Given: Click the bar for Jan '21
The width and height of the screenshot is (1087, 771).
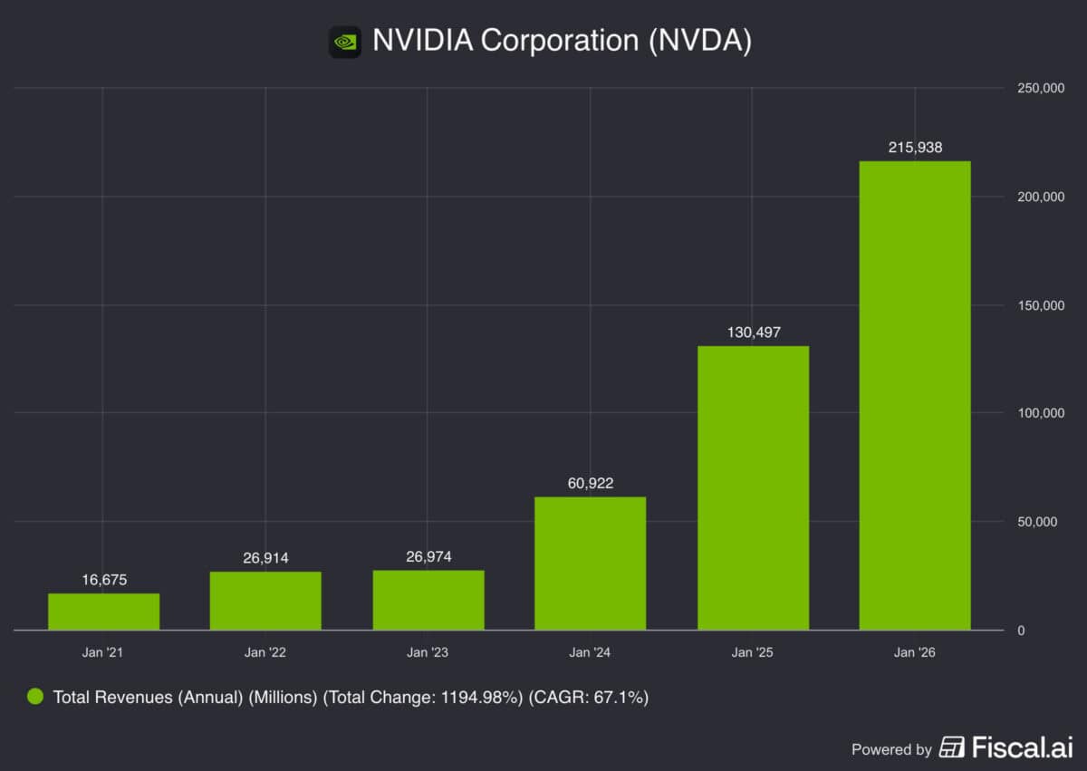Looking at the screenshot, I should click(x=103, y=612).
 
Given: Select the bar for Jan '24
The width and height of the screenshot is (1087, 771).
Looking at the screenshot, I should click(x=590, y=563).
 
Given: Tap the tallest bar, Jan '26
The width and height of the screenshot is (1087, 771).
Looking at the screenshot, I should click(x=915, y=395).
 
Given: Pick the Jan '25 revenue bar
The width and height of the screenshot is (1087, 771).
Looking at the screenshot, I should click(x=753, y=487).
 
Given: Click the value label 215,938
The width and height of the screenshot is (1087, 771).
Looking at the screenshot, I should click(x=915, y=147).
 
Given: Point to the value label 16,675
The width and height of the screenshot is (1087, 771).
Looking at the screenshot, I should click(x=103, y=579).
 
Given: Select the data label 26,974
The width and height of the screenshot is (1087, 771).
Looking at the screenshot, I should click(x=428, y=555).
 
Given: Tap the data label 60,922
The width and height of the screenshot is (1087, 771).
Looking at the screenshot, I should click(x=590, y=483).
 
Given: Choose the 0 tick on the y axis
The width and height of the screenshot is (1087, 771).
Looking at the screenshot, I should click(x=1021, y=631).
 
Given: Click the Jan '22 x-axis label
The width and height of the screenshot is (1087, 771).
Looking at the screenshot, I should click(x=265, y=652).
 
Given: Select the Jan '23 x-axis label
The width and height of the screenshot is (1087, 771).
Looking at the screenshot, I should click(x=428, y=652).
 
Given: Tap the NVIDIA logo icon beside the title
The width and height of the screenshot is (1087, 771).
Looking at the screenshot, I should click(x=345, y=42).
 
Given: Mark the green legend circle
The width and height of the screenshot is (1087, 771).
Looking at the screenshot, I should click(x=35, y=697).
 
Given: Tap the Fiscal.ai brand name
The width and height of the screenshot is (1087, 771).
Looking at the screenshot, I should click(x=1022, y=748).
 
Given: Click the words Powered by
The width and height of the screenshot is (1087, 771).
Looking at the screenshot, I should click(x=891, y=749).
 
